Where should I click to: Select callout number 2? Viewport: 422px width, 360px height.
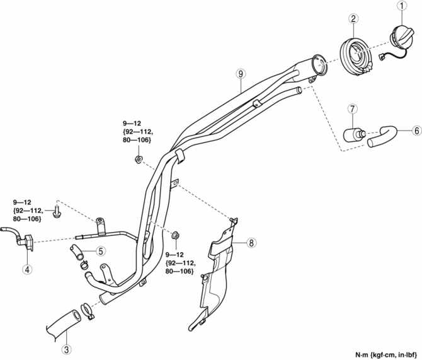point(356,19)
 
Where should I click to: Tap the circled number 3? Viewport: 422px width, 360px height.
point(66,349)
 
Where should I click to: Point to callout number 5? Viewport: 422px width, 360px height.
point(100,251)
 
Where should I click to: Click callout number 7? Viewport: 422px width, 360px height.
point(353,110)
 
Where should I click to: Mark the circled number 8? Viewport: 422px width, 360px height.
point(251,242)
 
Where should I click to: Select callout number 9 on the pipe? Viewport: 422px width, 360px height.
point(241,74)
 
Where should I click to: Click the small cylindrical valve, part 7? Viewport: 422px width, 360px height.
point(353,134)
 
